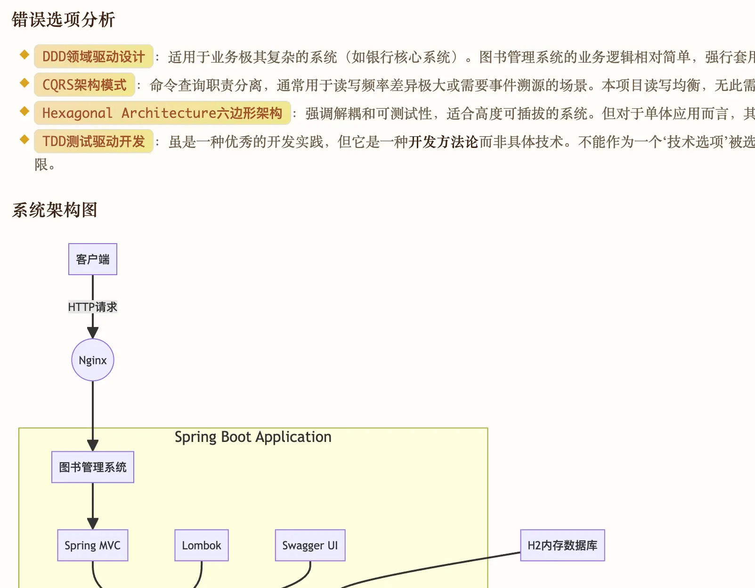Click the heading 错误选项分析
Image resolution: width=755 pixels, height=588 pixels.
coord(63,20)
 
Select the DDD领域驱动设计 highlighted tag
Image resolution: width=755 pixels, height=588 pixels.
coord(93,57)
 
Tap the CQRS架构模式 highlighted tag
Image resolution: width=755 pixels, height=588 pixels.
coord(84,85)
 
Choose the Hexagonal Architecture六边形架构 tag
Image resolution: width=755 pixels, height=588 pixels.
coord(162,113)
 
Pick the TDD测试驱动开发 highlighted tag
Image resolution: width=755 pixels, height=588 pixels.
coord(93,141)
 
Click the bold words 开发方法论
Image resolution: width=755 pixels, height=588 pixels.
coord(443,142)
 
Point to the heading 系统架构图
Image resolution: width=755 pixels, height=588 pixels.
coord(55,210)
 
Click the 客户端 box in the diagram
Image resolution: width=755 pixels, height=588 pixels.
coord(93,259)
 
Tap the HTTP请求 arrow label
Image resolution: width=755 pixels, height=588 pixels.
coord(93,307)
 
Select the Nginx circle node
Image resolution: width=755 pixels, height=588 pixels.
coord(93,360)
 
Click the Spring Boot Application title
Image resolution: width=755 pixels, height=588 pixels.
coord(253,437)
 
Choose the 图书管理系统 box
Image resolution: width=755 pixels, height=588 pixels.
coord(93,467)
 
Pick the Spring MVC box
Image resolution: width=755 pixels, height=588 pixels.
coord(93,545)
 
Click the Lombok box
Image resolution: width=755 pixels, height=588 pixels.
coord(202,545)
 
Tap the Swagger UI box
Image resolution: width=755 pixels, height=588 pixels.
coord(310,545)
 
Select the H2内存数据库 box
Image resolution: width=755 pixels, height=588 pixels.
coord(562,545)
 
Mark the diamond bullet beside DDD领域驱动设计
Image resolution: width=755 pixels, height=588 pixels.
coord(24,55)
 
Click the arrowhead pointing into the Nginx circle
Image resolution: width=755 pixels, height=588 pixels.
coord(93,333)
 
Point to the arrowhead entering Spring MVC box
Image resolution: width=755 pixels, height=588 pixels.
coord(93,523)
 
